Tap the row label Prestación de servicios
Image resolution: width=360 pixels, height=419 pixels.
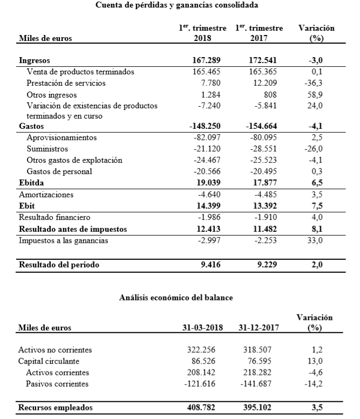click(x=66, y=83)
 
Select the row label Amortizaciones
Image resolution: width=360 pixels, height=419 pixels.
click(x=46, y=194)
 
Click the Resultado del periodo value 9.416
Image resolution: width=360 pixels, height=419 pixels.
click(x=207, y=265)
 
